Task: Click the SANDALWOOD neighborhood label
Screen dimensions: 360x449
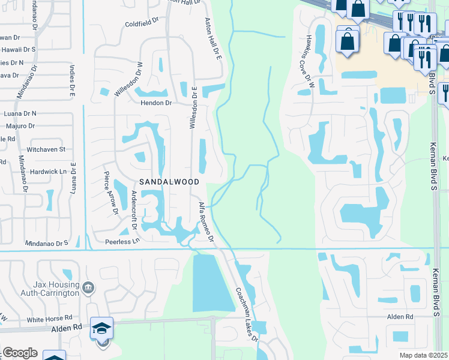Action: pos(165,181)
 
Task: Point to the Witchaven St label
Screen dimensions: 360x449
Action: pos(46,149)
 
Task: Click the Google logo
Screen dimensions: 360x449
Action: pos(19,353)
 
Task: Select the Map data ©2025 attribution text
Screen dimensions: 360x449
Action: pos(423,355)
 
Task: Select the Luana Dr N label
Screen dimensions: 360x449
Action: pos(20,113)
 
